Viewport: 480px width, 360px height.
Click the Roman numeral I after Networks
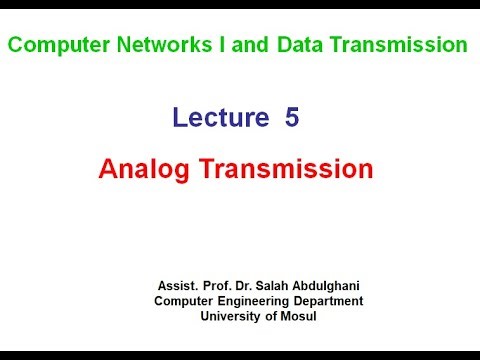coord(193,45)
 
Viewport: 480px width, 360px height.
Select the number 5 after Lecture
coord(292,118)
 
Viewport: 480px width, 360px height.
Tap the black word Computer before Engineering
coord(185,300)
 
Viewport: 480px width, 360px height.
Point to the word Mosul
coord(301,316)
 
